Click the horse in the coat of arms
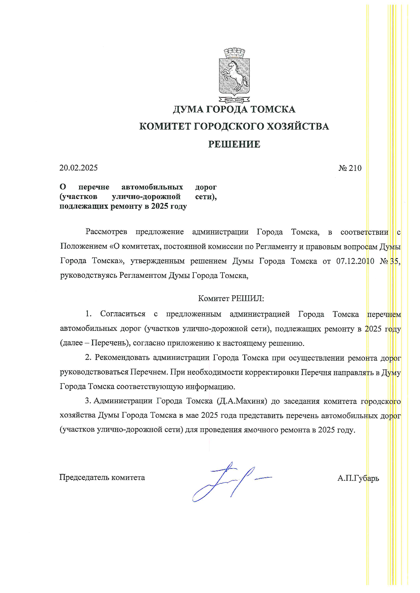pyautogui.click(x=234, y=74)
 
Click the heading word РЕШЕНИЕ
pyautogui.click(x=234, y=144)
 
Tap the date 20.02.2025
pyautogui.click(x=79, y=168)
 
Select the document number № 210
pyautogui.click(x=350, y=168)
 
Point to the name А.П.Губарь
pyautogui.click(x=358, y=478)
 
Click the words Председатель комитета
pyautogui.click(x=102, y=477)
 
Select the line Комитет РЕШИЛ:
pyautogui.click(x=231, y=298)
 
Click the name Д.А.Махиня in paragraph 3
pyautogui.click(x=241, y=401)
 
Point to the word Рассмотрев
pyautogui.click(x=106, y=232)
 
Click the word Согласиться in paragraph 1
pyautogui.click(x=123, y=314)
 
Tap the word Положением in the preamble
pyautogui.click(x=83, y=246)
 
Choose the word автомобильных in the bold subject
pyautogui.click(x=152, y=187)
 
